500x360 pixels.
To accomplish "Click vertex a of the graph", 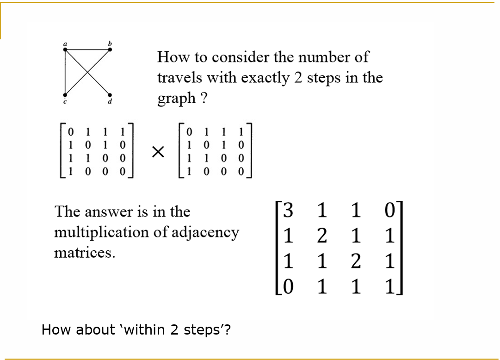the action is (x=65, y=49).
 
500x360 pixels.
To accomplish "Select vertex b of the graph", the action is (x=110, y=49).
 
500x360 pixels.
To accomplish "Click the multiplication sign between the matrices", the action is (x=159, y=151).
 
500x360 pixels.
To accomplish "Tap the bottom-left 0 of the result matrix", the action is (x=288, y=288).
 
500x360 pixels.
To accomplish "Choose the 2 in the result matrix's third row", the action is (x=356, y=262).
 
